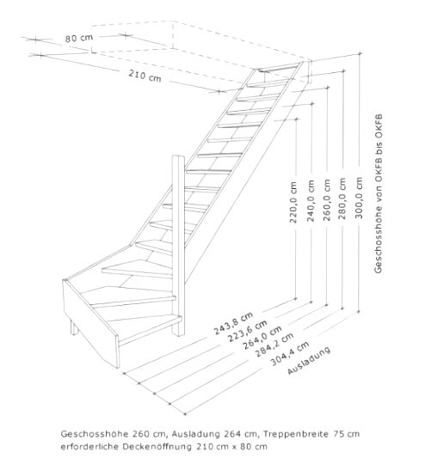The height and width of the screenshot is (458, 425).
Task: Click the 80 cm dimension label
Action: pyautogui.click(x=78, y=38)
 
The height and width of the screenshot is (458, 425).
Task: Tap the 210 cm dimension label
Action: pyautogui.click(x=145, y=76)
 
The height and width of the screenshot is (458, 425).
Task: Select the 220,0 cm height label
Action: pyautogui.click(x=293, y=203)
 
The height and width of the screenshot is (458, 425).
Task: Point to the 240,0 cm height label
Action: pyautogui.click(x=311, y=201)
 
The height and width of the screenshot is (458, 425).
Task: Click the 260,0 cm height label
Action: pyautogui.click(x=327, y=200)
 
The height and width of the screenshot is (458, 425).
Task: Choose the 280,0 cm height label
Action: pyautogui.click(x=342, y=198)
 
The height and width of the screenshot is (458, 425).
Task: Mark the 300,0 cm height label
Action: pyautogui.click(x=359, y=198)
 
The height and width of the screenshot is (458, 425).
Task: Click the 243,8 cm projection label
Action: pyautogui.click(x=233, y=324)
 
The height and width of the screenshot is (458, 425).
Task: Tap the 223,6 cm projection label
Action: pyautogui.click(x=248, y=331)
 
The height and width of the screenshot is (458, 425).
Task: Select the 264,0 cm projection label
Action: pyautogui.click(x=262, y=338)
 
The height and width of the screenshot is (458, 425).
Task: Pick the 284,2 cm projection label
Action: pyautogui.click(x=274, y=345)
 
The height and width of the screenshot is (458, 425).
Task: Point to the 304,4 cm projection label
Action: pyautogui.click(x=290, y=353)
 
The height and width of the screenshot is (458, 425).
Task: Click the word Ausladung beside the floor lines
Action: pyautogui.click(x=309, y=361)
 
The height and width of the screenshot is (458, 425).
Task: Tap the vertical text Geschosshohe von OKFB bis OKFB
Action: pyautogui.click(x=379, y=193)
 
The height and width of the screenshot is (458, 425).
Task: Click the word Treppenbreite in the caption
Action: pyautogui.click(x=296, y=434)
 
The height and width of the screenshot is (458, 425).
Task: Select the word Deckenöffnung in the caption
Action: pyautogui.click(x=157, y=447)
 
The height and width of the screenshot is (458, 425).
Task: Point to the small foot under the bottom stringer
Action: pyautogui.click(x=75, y=327)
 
